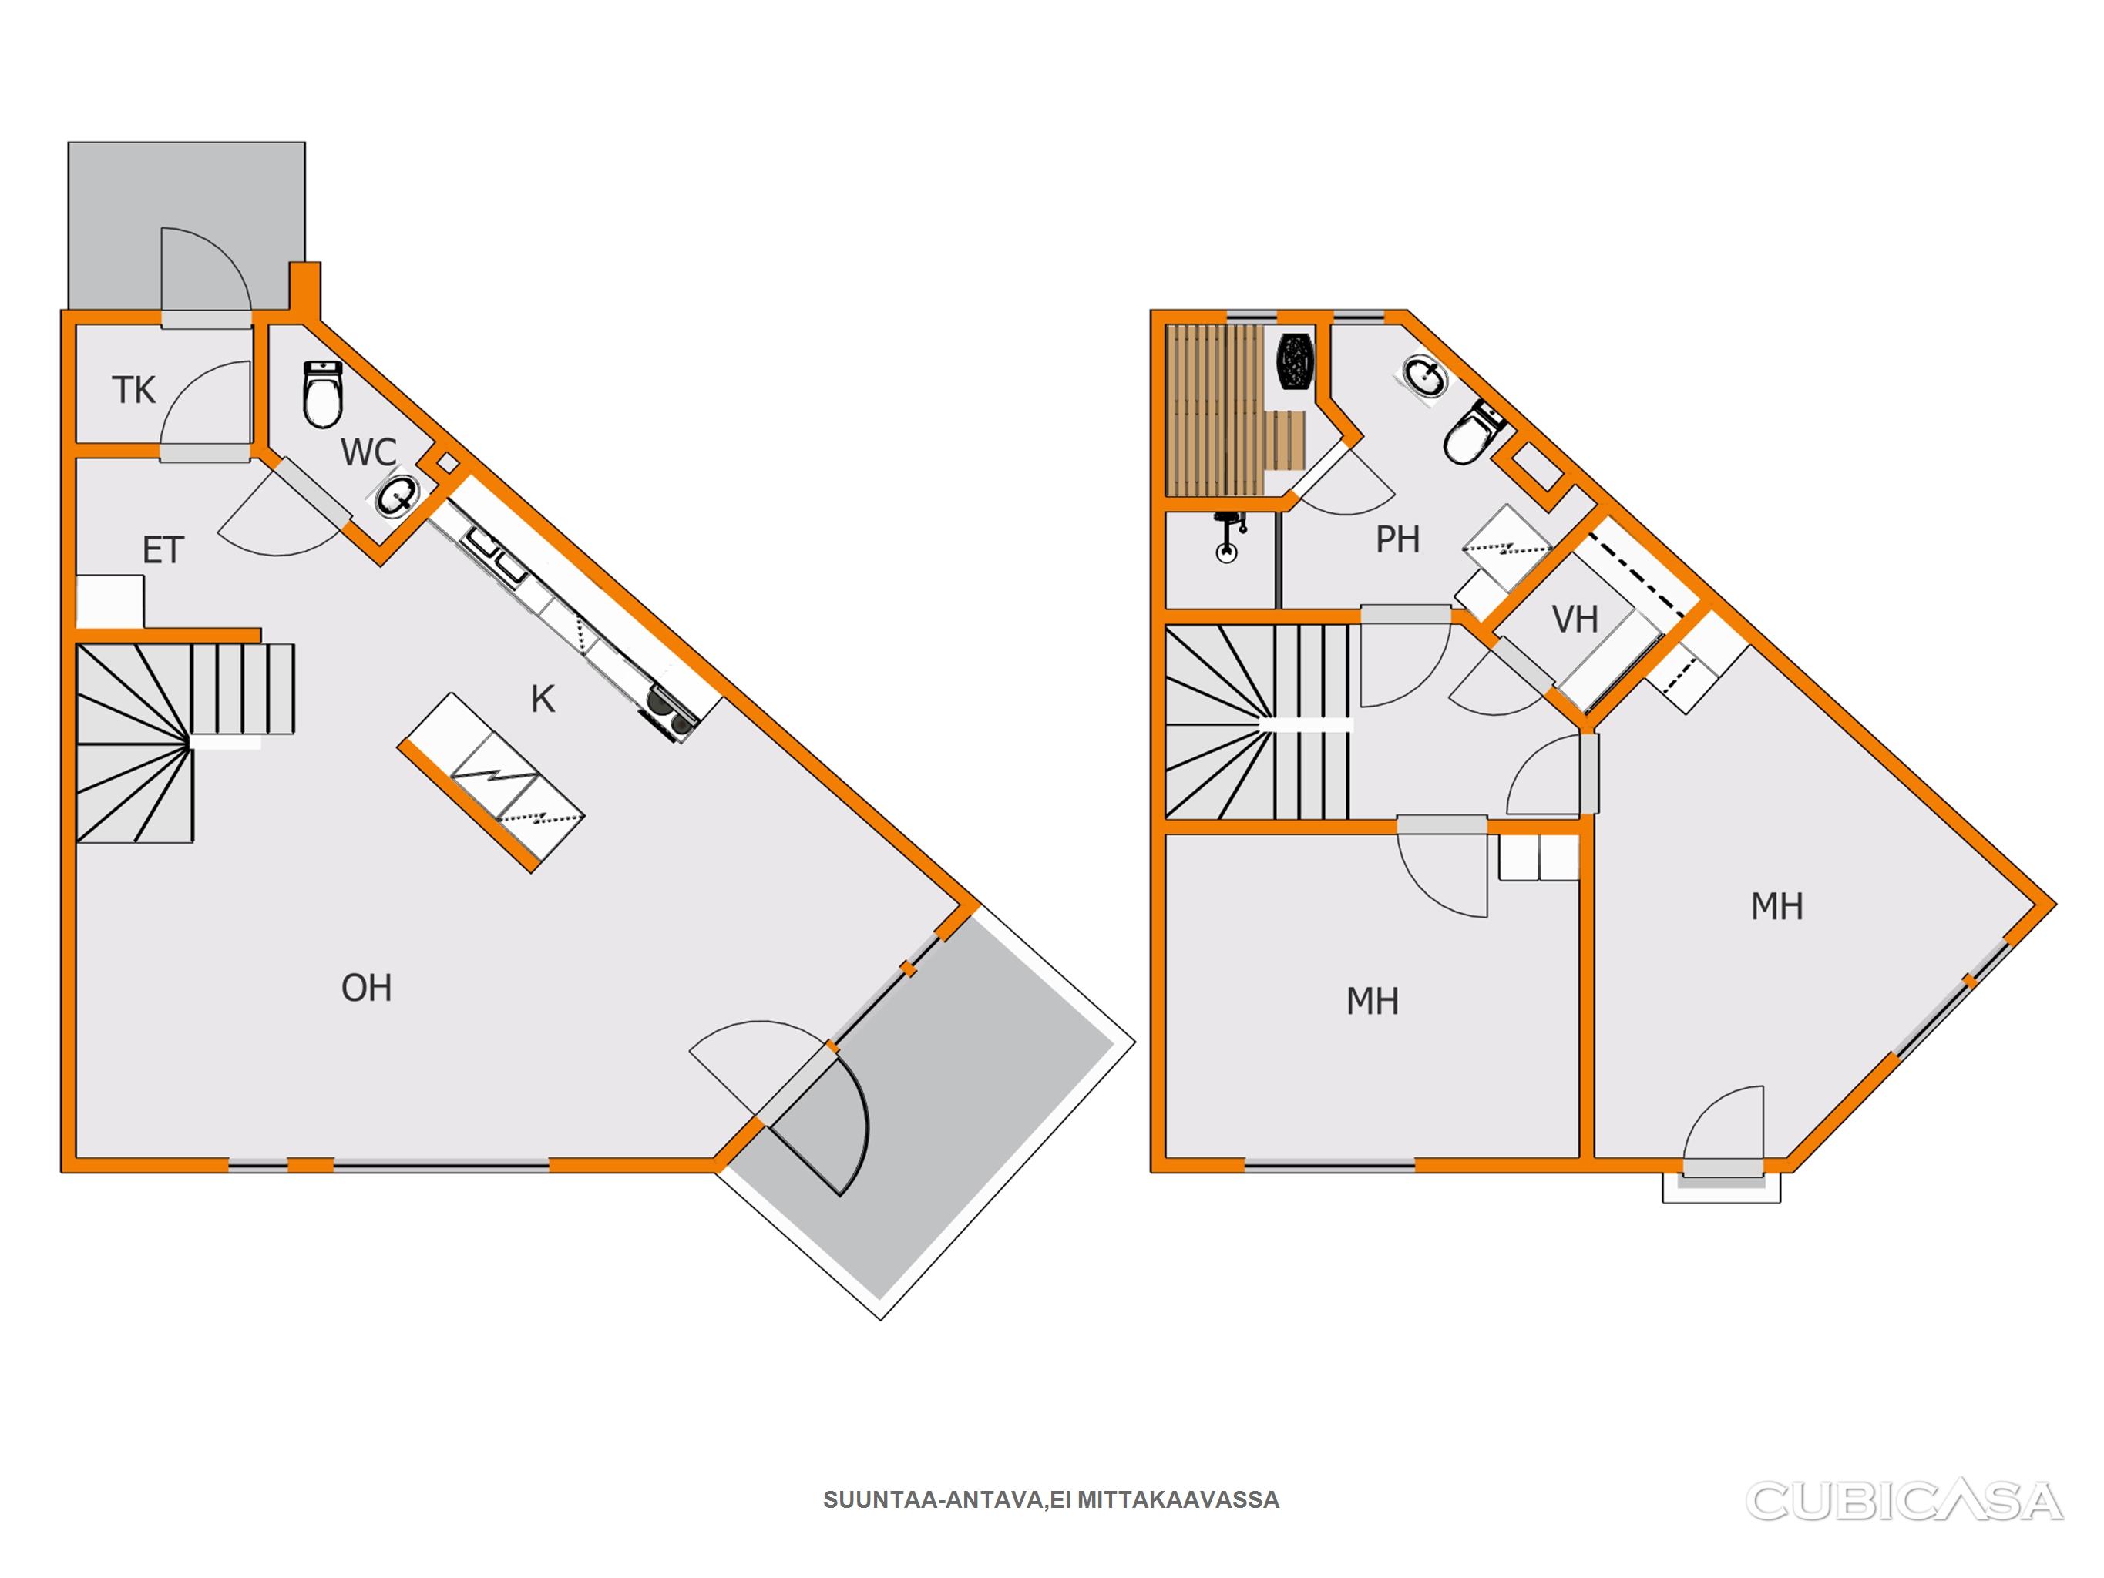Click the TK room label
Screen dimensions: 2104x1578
[x=133, y=390]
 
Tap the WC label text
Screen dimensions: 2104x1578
[x=369, y=453]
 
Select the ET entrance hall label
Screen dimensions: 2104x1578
[x=163, y=551]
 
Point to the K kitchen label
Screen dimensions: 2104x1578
[x=543, y=699]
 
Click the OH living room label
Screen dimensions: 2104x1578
[x=366, y=989]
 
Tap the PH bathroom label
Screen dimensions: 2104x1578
[x=1397, y=539]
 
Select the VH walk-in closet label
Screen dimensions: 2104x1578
[x=1575, y=620]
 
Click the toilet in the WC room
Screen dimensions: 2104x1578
[x=322, y=394]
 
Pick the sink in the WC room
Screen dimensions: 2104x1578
[x=397, y=495]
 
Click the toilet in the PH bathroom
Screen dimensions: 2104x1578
[x=1474, y=433]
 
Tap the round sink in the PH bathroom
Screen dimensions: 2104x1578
[x=1426, y=378]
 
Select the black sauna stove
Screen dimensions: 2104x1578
[x=1295, y=361]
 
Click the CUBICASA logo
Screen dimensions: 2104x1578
[x=1905, y=1501]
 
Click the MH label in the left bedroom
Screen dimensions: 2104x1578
[x=1373, y=1002]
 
